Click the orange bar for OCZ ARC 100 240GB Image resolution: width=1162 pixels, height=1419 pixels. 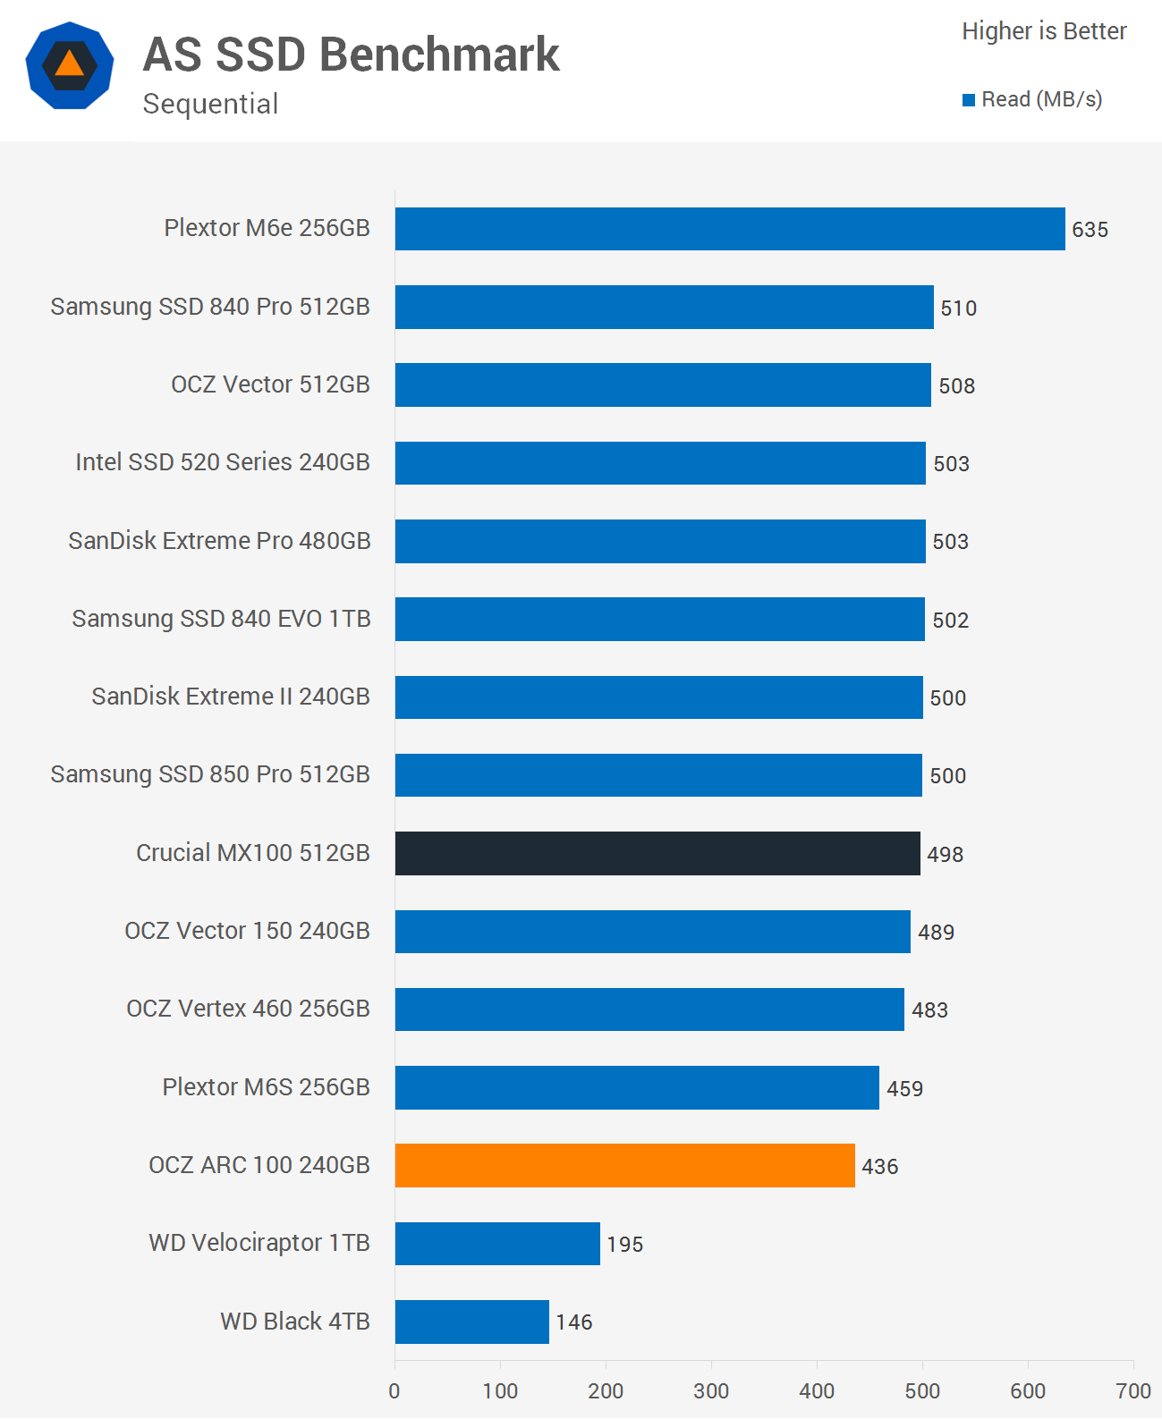pos(624,1165)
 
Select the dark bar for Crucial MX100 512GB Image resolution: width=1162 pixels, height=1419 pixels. pos(657,853)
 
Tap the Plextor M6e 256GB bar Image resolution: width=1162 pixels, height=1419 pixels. pos(730,229)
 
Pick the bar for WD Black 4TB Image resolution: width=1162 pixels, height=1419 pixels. pos(471,1322)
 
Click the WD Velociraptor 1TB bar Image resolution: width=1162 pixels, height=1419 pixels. pos(497,1244)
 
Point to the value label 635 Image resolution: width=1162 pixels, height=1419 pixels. pos(1090,230)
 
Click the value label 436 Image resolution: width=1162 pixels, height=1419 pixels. pos(879,1167)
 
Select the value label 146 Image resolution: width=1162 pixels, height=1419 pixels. pos(573,1322)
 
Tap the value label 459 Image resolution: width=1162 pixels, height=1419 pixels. pos(904,1089)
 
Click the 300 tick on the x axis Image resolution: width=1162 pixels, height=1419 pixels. pos(711,1391)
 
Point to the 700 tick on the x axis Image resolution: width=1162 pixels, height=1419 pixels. pos(1133,1391)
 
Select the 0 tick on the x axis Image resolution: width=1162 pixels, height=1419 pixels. pos(394,1391)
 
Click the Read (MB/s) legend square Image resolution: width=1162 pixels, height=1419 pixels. pos(968,100)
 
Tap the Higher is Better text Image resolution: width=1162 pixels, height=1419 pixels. pos(1044,31)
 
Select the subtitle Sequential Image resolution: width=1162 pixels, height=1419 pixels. pos(210,104)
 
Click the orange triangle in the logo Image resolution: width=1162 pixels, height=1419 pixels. pos(70,64)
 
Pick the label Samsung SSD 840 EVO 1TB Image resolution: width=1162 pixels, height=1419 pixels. pos(221,619)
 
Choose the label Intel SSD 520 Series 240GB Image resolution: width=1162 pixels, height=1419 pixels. pos(222,462)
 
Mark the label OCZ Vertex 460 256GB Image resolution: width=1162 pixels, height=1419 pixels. pos(248,1009)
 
